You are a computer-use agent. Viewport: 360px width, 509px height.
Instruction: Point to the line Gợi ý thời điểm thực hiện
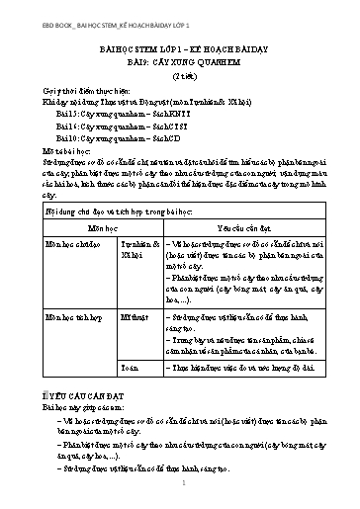point(80,89)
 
